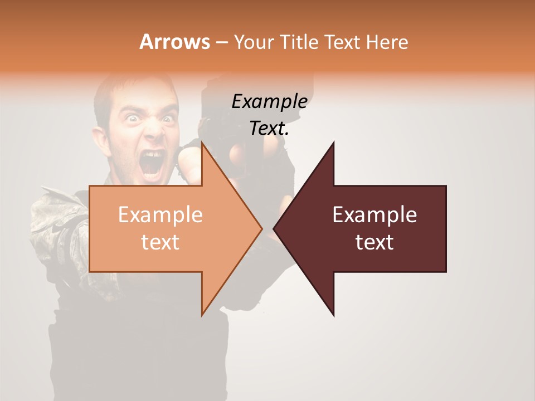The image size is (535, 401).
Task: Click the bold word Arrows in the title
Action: [174, 42]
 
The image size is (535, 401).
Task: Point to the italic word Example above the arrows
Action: [269, 102]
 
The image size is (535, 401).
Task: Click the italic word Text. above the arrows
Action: [269, 128]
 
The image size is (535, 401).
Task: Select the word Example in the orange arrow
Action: [160, 214]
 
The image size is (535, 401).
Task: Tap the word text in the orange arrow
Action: [160, 242]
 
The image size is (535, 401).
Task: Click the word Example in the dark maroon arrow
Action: [374, 214]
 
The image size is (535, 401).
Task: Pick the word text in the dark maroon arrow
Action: [374, 242]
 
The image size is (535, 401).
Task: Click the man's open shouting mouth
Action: [153, 162]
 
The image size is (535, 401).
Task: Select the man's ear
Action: [101, 139]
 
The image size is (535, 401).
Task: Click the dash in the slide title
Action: [221, 42]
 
